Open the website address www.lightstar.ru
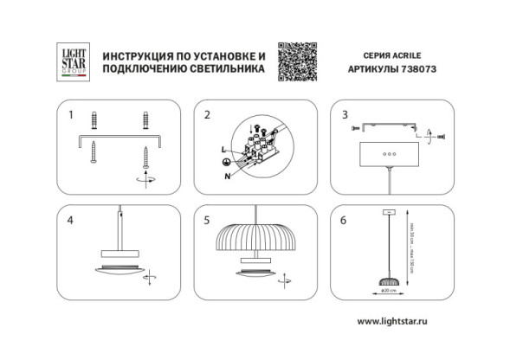click(x=405, y=321)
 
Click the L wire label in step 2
click(x=224, y=151)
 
